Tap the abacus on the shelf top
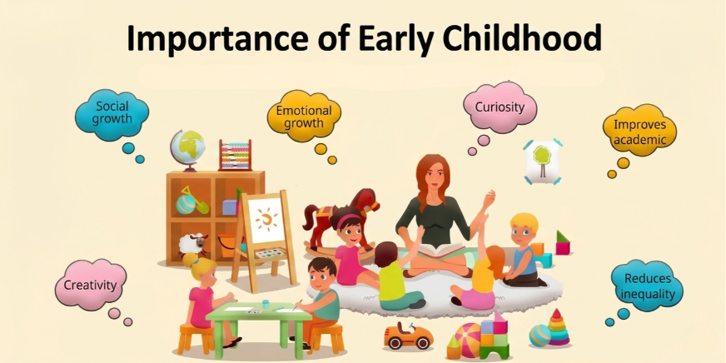235,156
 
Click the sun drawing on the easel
266,220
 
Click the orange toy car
408,335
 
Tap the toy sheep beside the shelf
194,245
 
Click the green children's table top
250,311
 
